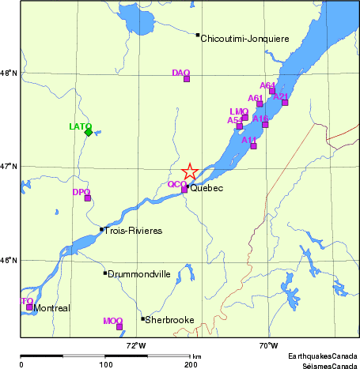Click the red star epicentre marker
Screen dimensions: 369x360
190,172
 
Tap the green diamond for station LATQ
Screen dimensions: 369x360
88,132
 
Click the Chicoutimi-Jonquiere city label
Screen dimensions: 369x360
245,38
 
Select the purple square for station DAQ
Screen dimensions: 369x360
187,78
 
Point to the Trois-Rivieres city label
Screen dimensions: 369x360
134,231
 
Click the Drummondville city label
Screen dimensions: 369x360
139,274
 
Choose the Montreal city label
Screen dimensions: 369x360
53,308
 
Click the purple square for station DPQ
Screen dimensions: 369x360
87,198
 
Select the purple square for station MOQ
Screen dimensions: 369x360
119,326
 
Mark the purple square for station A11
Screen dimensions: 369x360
253,145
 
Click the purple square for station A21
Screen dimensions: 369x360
285,102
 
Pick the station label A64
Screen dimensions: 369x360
267,85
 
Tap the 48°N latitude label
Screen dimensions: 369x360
9,73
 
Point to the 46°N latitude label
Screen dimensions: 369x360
9,260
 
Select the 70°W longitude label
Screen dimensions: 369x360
268,345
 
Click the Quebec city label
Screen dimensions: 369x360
208,189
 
